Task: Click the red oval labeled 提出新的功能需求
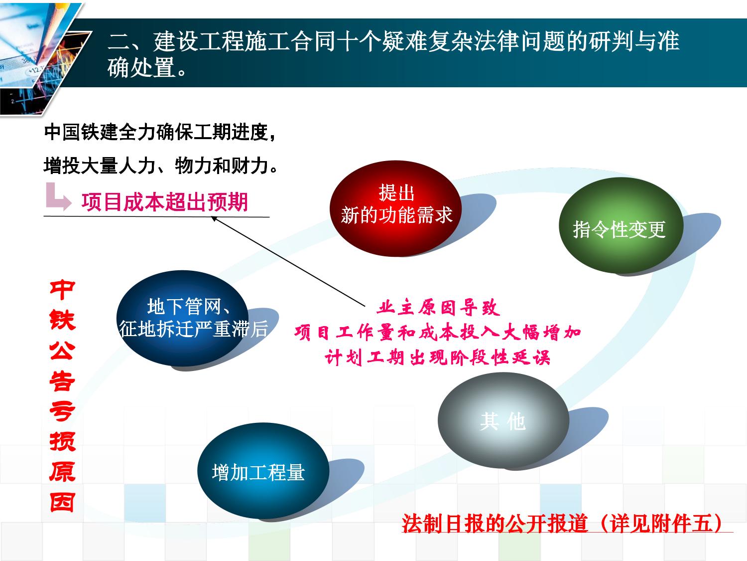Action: coord(395,208)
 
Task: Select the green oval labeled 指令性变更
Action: coord(621,225)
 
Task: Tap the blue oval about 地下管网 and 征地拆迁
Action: coord(182,318)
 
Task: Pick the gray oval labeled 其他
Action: coord(503,420)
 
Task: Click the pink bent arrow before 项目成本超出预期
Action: coord(58,196)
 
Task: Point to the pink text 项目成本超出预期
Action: coord(164,202)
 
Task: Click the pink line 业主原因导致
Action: coord(438,308)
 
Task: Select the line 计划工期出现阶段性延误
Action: coord(437,358)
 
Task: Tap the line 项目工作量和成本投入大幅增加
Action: coord(438,333)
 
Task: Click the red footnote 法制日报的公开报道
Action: coord(495,523)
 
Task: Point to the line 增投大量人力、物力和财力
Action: coord(161,166)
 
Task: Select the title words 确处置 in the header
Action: coord(141,67)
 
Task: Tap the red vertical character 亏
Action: coord(62,411)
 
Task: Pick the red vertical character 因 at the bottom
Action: coord(62,502)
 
